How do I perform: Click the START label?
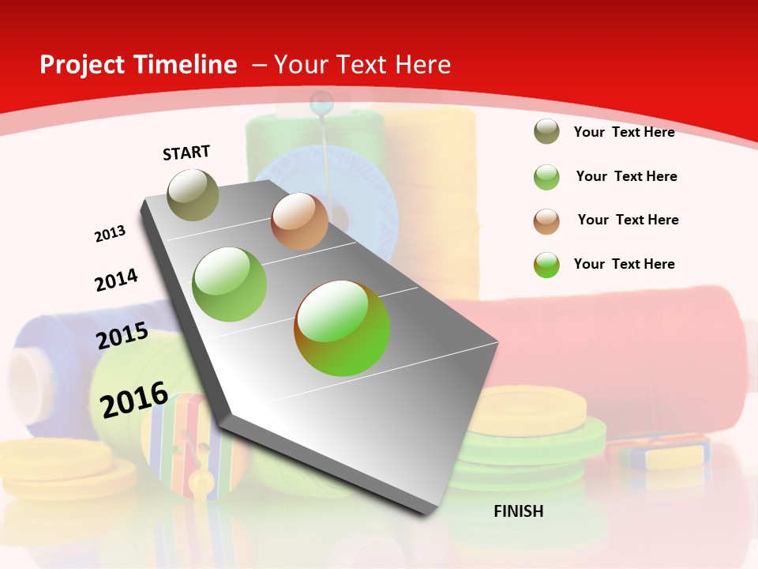pos(186,153)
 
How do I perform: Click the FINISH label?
pos(518,511)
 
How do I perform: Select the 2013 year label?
pos(110,234)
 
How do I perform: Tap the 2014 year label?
pos(116,280)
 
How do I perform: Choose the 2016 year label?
pos(134,399)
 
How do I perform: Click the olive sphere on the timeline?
pos(193,194)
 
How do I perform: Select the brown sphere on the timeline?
pos(299,221)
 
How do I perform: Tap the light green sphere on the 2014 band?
pos(230,284)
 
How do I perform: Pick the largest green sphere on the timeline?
pos(342,328)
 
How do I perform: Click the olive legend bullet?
pos(546,132)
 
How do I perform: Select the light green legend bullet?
pos(546,177)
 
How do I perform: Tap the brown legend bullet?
pos(546,221)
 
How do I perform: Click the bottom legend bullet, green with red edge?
pos(546,265)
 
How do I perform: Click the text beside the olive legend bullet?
pos(624,132)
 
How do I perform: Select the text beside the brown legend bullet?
pos(628,220)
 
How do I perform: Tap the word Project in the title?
pos(83,65)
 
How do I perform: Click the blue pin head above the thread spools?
pos(321,102)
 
